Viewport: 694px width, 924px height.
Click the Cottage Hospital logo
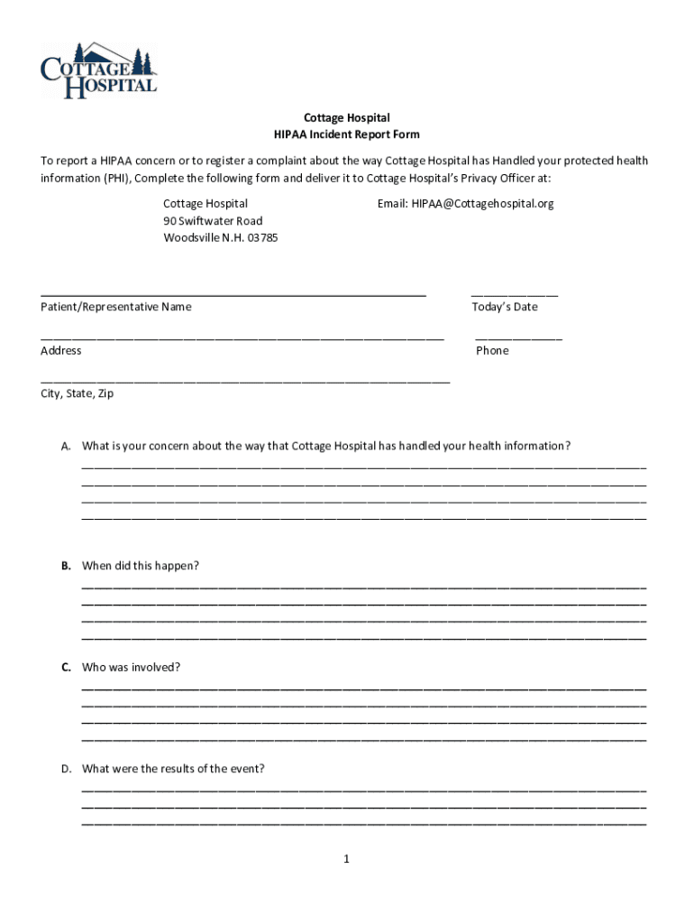tap(99, 69)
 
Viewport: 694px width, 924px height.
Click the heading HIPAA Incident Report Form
tap(347, 134)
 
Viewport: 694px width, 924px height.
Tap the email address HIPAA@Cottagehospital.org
tap(465, 204)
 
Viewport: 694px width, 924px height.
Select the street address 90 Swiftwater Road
tap(213, 221)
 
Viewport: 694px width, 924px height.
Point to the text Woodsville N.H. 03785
tap(221, 238)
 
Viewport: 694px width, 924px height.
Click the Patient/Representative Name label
tap(116, 307)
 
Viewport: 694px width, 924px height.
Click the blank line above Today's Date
tap(515, 294)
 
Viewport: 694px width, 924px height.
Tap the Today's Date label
tap(504, 307)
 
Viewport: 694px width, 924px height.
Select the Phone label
tap(492, 350)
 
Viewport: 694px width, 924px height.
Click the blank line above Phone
tap(518, 338)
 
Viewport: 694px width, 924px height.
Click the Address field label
tap(61, 350)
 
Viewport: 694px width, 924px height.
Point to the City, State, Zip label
tap(78, 393)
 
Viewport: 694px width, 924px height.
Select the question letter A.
tap(66, 446)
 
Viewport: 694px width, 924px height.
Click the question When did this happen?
tap(141, 566)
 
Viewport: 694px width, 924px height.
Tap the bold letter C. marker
tap(66, 668)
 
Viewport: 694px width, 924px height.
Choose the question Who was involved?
tap(132, 668)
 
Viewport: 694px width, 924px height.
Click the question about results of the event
tap(173, 769)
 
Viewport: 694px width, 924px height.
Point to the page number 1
tap(346, 859)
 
